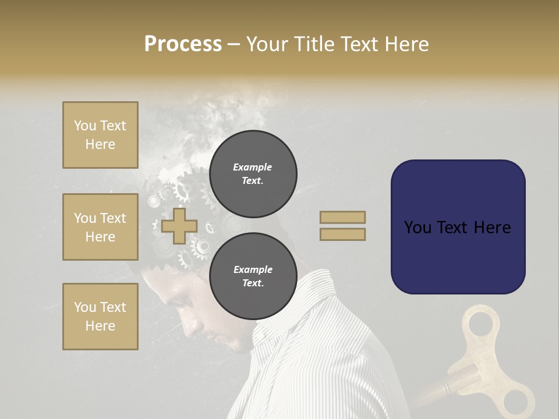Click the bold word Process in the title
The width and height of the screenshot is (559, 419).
tap(183, 44)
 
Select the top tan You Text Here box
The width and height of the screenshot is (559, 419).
tap(100, 135)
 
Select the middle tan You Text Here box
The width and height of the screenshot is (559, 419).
tap(100, 227)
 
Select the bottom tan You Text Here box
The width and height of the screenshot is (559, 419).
tap(100, 317)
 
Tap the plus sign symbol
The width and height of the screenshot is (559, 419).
tap(179, 226)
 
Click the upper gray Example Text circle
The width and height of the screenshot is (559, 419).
tap(253, 173)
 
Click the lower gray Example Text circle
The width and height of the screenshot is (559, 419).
tap(253, 276)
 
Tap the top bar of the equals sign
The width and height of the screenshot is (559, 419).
tap(342, 218)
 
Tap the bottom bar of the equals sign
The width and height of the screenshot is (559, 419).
tap(342, 234)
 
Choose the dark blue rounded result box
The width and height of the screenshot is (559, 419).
tap(458, 227)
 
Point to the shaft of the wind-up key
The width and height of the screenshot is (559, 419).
tap(460, 384)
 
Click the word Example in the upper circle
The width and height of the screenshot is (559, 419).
tap(253, 168)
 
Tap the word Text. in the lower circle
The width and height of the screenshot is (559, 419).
tap(253, 283)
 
